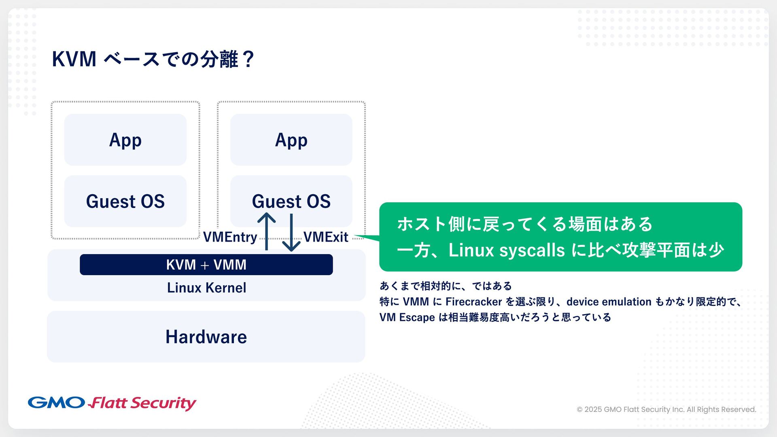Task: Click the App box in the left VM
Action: (125, 140)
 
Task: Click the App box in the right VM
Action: (291, 140)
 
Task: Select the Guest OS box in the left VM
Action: (125, 201)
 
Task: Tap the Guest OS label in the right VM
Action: (291, 201)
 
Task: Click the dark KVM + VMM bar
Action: (206, 265)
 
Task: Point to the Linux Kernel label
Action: (206, 288)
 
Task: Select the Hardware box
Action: (206, 337)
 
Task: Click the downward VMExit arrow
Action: (291, 233)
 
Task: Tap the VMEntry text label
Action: (230, 237)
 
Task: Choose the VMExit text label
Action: (326, 237)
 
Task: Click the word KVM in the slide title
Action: (74, 59)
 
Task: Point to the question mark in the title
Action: (248, 59)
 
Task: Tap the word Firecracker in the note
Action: (473, 302)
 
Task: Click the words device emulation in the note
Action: (609, 302)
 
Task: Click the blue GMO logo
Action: (56, 403)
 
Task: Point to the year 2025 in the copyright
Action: (593, 409)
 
